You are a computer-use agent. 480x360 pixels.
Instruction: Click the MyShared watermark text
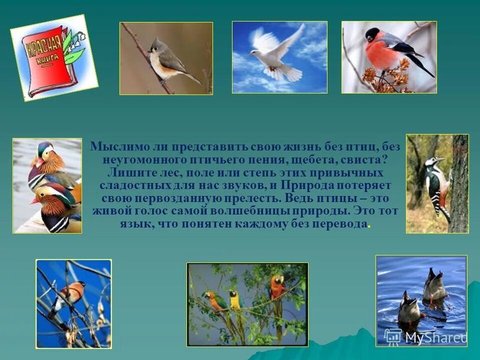[x=435, y=337]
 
